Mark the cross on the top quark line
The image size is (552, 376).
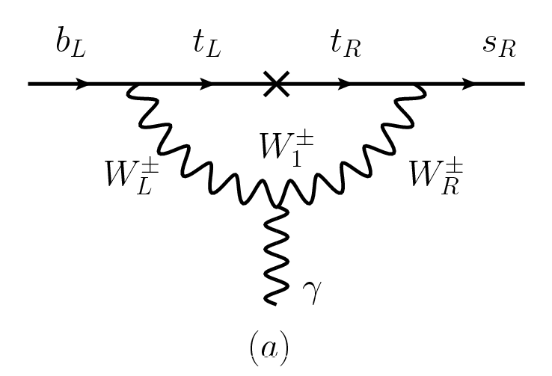(x=276, y=84)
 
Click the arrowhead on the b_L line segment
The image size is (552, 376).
(x=82, y=84)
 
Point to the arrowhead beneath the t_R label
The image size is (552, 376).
(x=346, y=84)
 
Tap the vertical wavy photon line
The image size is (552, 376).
(x=277, y=254)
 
